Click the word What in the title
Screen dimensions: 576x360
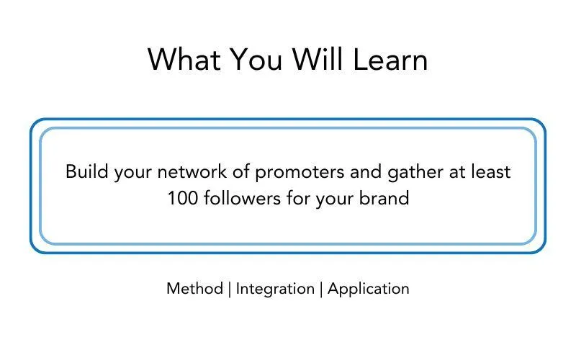[x=184, y=59]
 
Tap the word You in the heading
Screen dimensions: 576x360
[x=257, y=59]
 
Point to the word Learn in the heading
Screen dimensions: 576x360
[x=390, y=59]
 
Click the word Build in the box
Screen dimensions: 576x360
[x=87, y=171]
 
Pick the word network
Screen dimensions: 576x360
[x=192, y=171]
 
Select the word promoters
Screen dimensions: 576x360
[x=300, y=172]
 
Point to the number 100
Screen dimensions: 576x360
[x=183, y=199]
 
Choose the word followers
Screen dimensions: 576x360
[x=243, y=198]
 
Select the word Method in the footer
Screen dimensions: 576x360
[x=194, y=289]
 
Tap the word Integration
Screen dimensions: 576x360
[x=275, y=289]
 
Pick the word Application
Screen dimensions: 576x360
[x=368, y=289]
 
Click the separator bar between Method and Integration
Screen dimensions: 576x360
[x=230, y=289]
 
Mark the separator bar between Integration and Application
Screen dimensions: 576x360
[x=321, y=289]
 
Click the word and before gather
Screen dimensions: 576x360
[x=366, y=171]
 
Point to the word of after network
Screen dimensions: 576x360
[x=241, y=171]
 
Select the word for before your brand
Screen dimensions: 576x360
[x=299, y=198]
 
